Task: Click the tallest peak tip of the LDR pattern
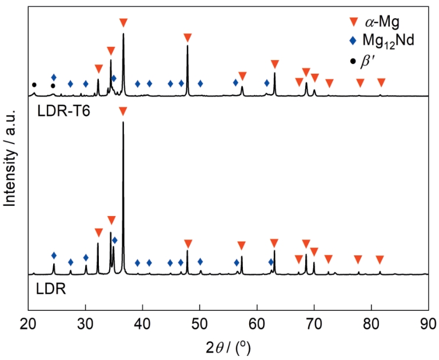pos(123,122)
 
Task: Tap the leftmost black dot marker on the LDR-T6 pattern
pos(34,85)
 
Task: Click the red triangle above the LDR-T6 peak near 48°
pos(187,38)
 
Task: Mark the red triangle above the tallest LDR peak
pos(123,111)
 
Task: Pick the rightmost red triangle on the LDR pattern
pos(380,260)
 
